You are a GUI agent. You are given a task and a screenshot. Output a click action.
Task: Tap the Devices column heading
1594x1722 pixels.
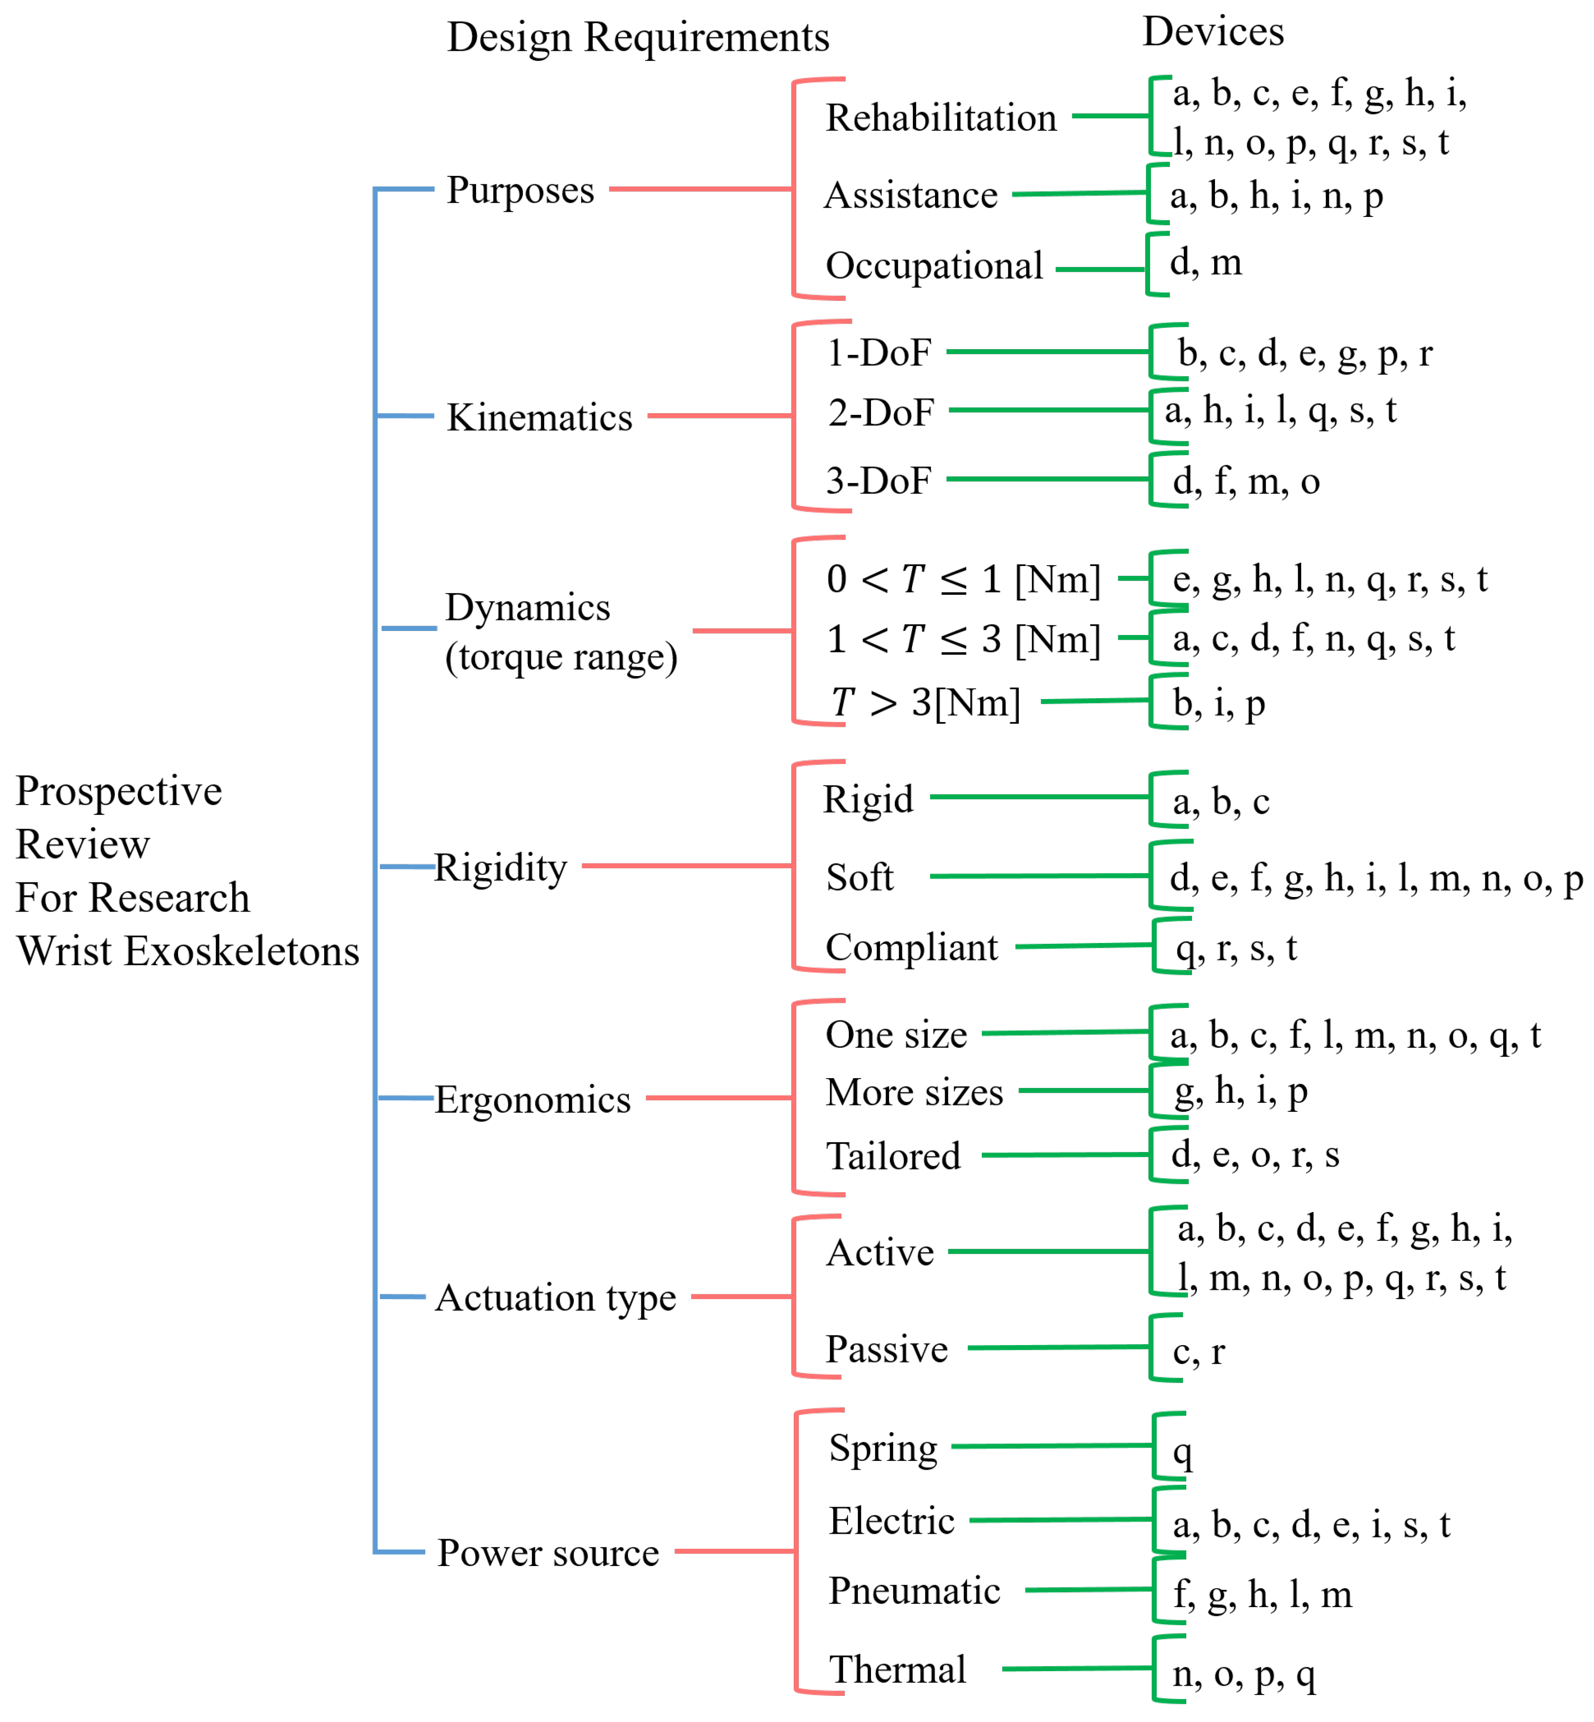(1213, 32)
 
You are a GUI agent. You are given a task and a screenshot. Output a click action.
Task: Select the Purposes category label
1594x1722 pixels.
(520, 190)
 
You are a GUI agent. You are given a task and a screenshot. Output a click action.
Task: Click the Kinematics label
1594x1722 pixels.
(539, 418)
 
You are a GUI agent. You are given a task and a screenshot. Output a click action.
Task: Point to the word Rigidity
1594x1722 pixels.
(500, 868)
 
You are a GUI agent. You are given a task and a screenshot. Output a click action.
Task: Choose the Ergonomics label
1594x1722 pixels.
(532, 1100)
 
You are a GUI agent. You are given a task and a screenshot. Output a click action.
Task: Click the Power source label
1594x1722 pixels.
(548, 1553)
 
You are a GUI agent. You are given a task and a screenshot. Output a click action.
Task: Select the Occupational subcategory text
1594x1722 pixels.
(934, 266)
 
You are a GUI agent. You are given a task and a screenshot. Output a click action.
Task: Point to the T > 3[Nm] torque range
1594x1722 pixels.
(925, 703)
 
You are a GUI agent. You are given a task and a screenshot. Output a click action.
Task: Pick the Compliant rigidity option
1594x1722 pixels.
(911, 947)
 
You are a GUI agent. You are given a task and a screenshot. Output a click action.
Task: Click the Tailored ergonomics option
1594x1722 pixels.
(893, 1156)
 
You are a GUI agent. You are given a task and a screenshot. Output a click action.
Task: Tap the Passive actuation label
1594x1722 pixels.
(886, 1349)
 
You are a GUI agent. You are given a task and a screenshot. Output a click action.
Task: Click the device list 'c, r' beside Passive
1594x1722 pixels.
(1198, 1352)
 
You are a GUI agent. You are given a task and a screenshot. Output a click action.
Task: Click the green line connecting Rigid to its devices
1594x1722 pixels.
(1039, 797)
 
